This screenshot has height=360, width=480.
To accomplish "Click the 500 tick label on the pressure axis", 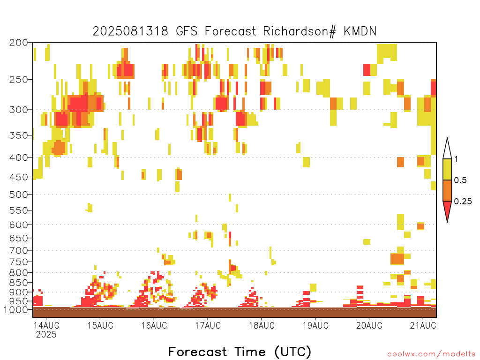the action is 19,195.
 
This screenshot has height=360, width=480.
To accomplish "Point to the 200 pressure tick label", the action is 19,43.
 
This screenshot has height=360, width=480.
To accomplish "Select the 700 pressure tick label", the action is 19,250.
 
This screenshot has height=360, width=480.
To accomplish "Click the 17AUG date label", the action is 208,325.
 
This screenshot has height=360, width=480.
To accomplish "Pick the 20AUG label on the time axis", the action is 369,325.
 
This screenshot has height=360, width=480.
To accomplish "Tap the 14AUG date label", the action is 46,325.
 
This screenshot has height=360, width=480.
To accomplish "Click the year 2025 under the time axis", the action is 46,335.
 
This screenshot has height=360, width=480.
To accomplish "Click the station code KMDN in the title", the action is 360,31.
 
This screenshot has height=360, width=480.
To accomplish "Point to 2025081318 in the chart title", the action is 130,31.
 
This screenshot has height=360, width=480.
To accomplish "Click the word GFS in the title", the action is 187,31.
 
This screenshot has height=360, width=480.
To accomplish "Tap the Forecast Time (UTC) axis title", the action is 240,352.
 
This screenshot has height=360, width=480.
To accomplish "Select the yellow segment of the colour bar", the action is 447,169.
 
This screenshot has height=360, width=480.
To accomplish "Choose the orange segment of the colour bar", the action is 447,190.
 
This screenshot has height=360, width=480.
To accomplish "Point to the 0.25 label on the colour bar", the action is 463,202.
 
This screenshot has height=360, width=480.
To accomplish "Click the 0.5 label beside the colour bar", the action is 460,180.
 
